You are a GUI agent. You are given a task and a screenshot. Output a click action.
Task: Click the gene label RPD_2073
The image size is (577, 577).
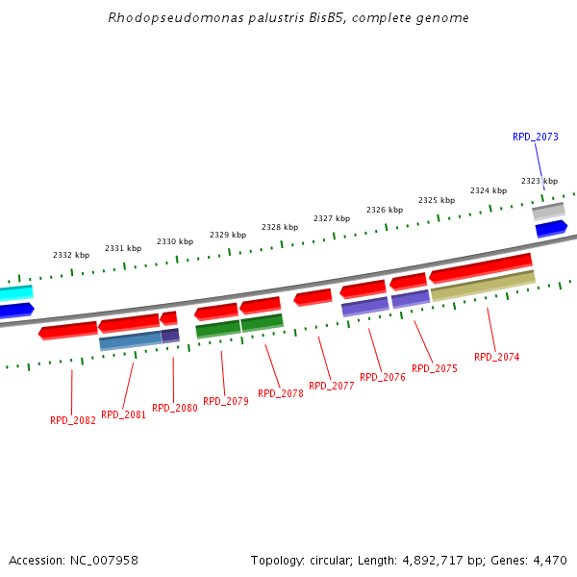click(535, 137)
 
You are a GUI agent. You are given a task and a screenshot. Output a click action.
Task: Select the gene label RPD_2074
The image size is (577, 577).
click(496, 357)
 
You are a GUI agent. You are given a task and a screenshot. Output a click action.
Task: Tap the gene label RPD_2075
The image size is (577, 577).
click(435, 368)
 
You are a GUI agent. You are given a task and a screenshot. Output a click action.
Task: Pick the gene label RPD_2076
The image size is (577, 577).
click(383, 377)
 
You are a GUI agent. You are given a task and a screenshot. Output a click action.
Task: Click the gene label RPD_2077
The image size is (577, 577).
click(332, 386)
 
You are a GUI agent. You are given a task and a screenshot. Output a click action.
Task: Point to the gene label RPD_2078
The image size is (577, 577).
click(281, 393)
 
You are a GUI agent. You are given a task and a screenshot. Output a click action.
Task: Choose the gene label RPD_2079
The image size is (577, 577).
click(226, 401)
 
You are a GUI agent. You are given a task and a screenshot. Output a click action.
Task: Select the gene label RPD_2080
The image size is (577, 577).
click(175, 408)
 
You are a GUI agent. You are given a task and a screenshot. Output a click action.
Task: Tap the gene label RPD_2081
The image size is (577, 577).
click(124, 414)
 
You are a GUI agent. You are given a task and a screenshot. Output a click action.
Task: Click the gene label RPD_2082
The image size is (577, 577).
click(73, 420)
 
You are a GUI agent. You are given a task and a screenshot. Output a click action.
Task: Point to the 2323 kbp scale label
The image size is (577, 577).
click(539, 181)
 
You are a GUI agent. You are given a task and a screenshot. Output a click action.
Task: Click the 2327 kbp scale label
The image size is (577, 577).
click(332, 218)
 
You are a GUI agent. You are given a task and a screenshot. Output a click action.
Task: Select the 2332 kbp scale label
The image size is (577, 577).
click(71, 255)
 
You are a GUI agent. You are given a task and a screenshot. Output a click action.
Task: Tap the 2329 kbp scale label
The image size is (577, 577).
click(228, 235)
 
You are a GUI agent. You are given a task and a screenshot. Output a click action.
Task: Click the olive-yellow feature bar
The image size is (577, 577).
click(483, 286)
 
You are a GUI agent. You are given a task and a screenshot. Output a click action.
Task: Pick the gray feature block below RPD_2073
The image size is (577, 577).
click(548, 211)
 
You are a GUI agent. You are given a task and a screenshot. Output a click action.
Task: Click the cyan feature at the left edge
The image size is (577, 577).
click(15, 292)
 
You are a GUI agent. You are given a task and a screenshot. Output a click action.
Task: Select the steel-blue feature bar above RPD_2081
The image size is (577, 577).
click(131, 340)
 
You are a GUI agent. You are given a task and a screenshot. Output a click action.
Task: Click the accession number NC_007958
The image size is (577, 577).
click(102, 560)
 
